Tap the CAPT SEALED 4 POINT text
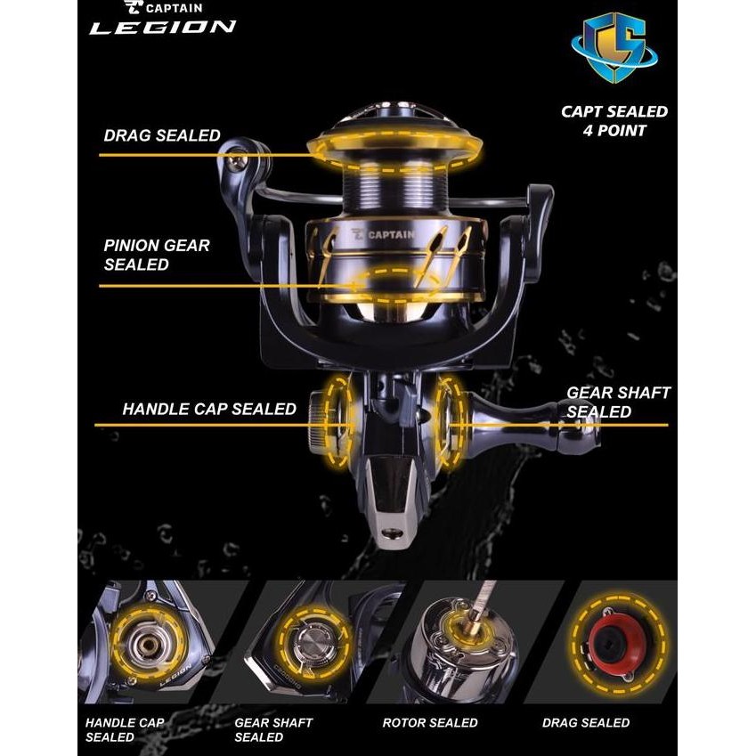[614, 121]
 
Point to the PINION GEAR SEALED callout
[157, 254]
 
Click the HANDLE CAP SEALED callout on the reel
[209, 410]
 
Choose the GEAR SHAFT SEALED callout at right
[618, 402]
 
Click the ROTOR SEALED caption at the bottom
[430, 722]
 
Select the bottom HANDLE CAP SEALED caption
[125, 729]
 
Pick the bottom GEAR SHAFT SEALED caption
[273, 729]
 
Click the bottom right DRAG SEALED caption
[586, 722]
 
